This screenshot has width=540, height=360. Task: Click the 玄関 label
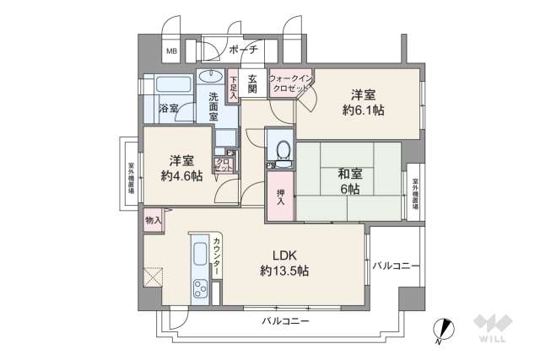251,85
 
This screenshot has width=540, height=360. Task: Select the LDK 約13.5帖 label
283,262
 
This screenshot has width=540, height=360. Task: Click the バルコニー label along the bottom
284,322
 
